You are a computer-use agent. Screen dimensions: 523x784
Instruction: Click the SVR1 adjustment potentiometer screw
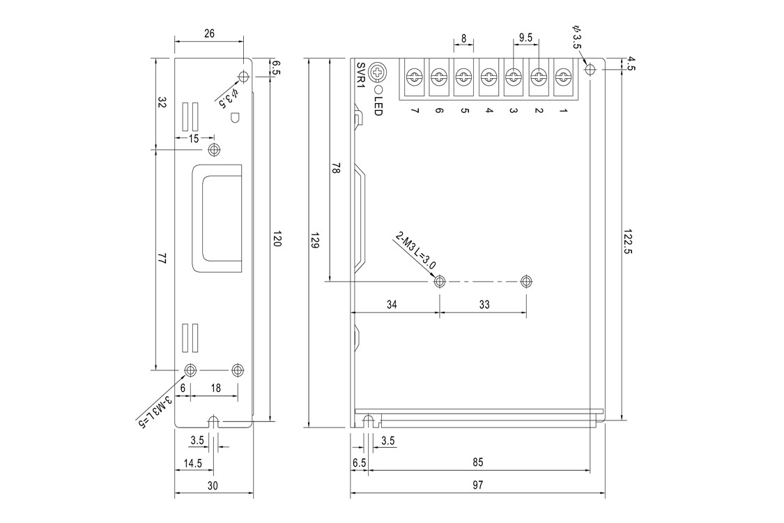[378, 72]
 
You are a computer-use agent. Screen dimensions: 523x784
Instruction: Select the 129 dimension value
[314, 243]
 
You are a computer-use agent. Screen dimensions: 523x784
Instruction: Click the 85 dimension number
[477, 462]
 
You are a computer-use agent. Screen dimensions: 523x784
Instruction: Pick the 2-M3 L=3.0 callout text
[416, 250]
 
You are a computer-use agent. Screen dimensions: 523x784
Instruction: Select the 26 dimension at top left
[209, 33]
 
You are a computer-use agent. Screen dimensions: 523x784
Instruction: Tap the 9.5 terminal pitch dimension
[525, 36]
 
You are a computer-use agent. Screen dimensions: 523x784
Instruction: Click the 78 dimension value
[336, 169]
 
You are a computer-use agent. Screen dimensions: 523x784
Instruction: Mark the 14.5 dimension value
[193, 462]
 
